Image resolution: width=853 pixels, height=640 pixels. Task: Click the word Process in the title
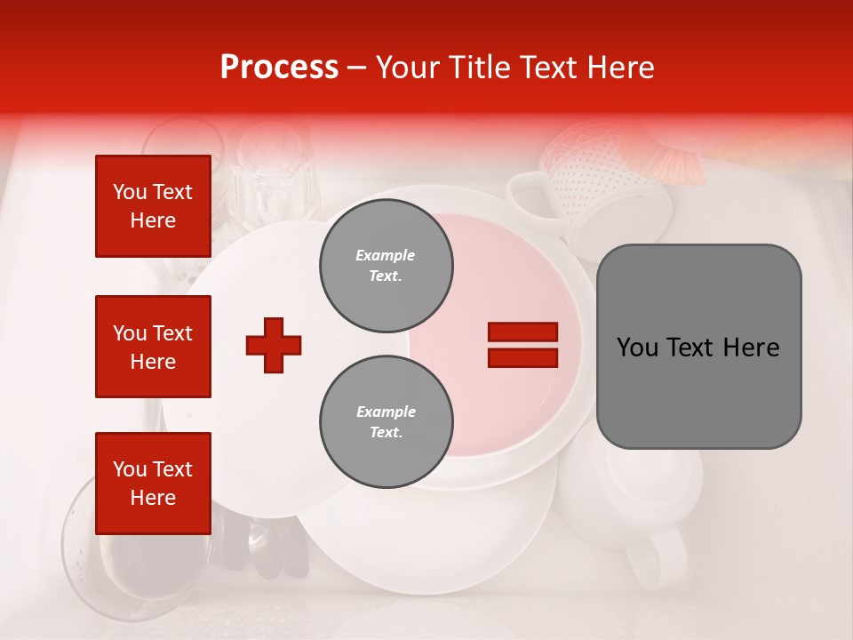click(x=279, y=68)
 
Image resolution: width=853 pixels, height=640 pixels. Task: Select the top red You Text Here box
click(x=153, y=206)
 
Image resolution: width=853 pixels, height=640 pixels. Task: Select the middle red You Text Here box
click(x=153, y=347)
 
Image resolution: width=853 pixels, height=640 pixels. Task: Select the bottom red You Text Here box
click(x=153, y=483)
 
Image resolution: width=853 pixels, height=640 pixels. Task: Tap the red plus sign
click(x=274, y=345)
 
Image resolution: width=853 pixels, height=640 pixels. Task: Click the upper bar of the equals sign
click(x=522, y=332)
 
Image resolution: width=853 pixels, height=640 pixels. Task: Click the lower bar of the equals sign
click(x=522, y=358)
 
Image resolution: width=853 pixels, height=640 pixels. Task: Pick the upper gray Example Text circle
click(x=386, y=266)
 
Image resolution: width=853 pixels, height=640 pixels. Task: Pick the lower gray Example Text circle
click(x=386, y=422)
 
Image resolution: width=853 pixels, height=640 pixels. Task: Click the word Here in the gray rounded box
click(x=751, y=348)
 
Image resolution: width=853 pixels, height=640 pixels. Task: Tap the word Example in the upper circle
click(x=386, y=255)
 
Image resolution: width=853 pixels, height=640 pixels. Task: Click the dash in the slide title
click(x=357, y=68)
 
